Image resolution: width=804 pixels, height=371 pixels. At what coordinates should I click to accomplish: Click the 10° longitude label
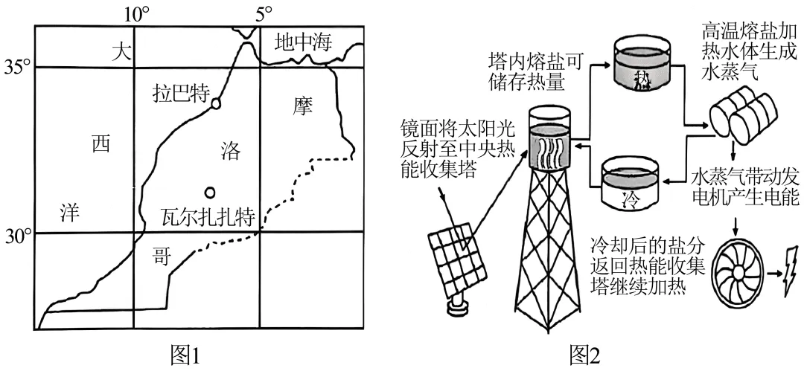click(135, 13)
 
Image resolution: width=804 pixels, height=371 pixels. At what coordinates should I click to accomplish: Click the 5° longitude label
click(263, 13)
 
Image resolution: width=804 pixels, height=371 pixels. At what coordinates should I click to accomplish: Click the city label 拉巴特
click(179, 95)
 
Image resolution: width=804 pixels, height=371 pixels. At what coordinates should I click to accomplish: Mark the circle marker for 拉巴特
click(216, 103)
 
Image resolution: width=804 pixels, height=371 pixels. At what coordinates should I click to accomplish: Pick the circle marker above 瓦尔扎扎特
click(211, 193)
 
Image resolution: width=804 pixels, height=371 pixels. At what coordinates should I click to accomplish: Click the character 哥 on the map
click(159, 258)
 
